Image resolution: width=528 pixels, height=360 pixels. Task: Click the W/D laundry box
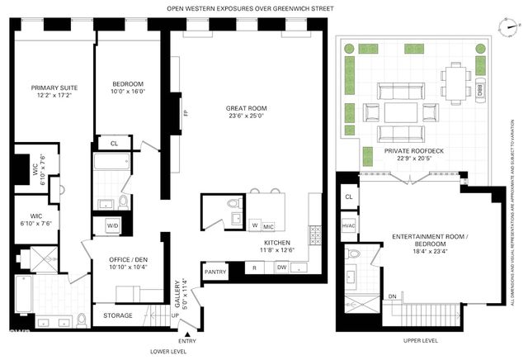click(112, 225)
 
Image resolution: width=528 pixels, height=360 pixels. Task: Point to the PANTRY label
click(215, 271)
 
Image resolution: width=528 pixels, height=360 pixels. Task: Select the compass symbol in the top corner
click(505, 26)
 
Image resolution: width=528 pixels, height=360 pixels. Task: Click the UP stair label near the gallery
click(175, 314)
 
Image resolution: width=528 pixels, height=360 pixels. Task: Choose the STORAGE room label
click(117, 315)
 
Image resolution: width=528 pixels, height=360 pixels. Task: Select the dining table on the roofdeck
click(455, 81)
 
